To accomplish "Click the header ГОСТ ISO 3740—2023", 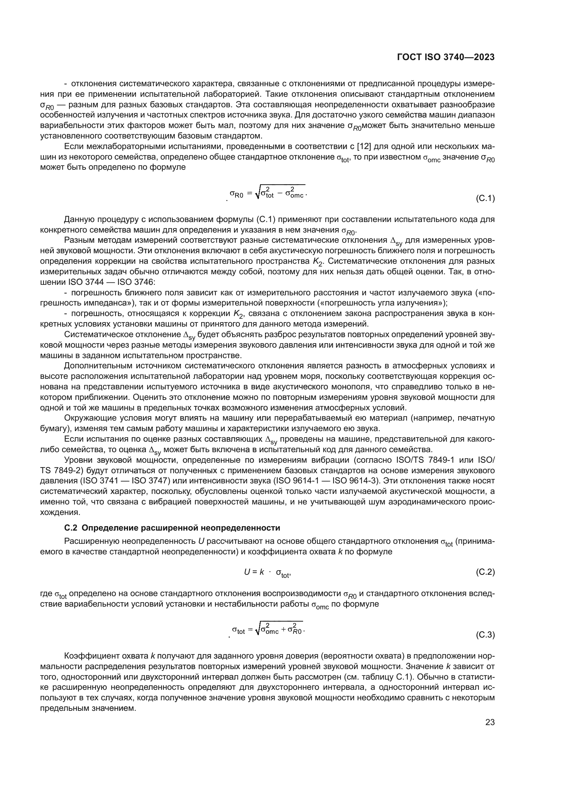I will coord(446,57).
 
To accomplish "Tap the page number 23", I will coord(490,722).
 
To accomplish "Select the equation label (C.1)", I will coord(485,199).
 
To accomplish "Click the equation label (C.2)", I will coord(485,572).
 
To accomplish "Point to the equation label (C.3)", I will coord(485,635).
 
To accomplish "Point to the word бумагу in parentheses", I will coord(51,428).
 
